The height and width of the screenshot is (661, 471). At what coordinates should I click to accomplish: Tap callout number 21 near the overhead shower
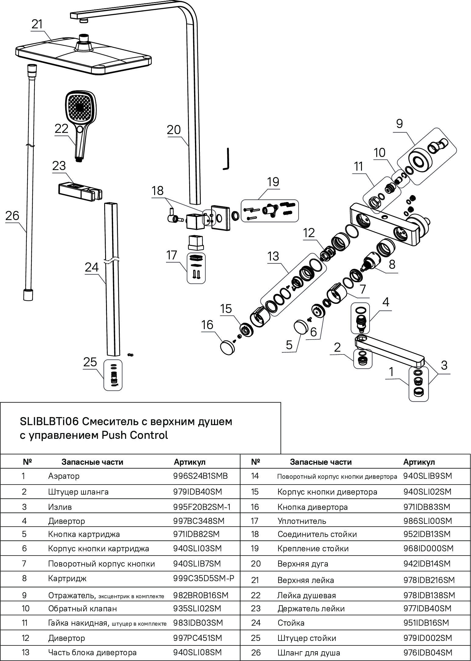pyautogui.click(x=37, y=24)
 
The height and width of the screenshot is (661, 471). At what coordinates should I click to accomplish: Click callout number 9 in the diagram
pyautogui.click(x=399, y=124)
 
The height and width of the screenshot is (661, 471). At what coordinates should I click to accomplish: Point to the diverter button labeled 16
pyautogui.click(x=226, y=347)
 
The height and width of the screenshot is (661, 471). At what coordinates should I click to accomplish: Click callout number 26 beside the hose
pyautogui.click(x=12, y=216)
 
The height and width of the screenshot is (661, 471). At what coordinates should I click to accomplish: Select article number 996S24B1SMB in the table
pyautogui.click(x=200, y=476)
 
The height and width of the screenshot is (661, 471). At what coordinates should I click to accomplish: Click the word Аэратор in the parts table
pyautogui.click(x=64, y=476)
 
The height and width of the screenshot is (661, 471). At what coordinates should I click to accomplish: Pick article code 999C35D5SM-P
pyautogui.click(x=204, y=578)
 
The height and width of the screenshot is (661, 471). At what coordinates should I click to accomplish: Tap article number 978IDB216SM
pyautogui.click(x=429, y=580)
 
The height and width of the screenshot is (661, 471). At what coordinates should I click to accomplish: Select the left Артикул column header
pyautogui.click(x=189, y=462)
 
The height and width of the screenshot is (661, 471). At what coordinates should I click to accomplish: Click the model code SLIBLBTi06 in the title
pyautogui.click(x=49, y=422)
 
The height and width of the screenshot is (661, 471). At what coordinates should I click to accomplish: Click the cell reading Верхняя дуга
pyautogui.click(x=303, y=564)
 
